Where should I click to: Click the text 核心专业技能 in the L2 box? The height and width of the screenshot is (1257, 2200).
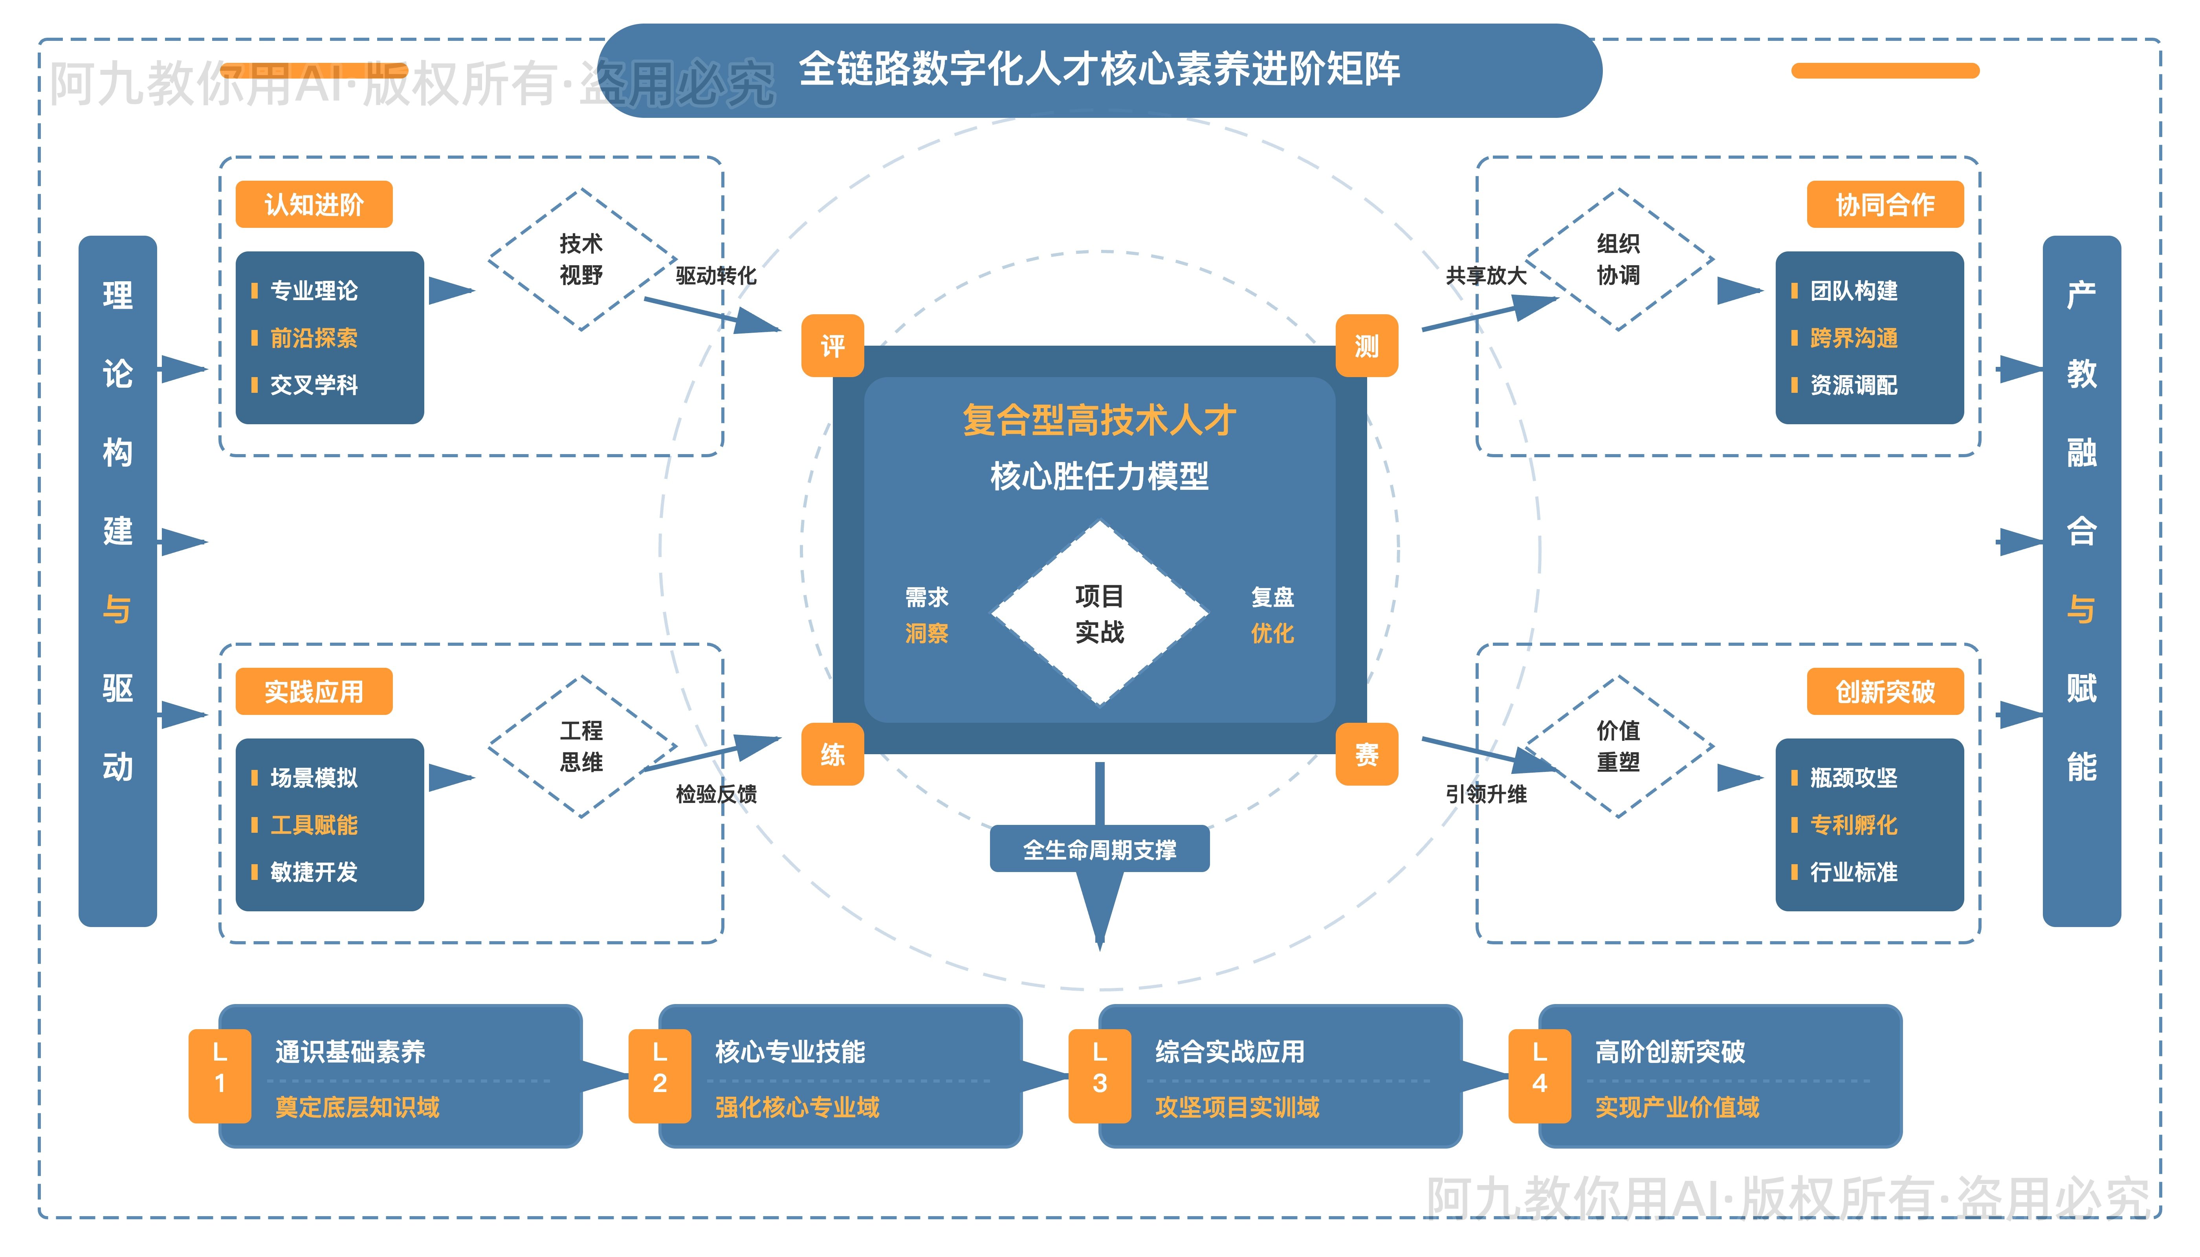click(790, 1052)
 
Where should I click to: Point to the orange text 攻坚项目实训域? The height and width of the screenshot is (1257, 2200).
click(1237, 1107)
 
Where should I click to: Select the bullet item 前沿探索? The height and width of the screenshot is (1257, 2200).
click(313, 337)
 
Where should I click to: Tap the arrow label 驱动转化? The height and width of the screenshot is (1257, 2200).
click(716, 275)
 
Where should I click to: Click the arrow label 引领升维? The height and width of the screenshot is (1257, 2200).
click(1486, 793)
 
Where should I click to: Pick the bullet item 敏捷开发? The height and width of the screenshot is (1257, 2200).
click(313, 872)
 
